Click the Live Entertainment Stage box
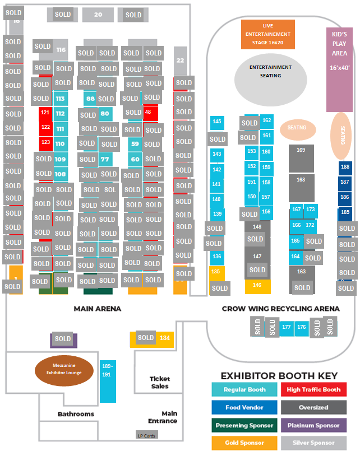[267, 34]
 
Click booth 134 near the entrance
[164, 338]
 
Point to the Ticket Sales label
[159, 383]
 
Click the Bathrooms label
[76, 414]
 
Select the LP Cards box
[147, 435]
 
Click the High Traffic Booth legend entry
[313, 390]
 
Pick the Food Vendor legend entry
[244, 407]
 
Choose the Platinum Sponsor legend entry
[313, 425]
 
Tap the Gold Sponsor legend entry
[244, 443]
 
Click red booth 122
[45, 127]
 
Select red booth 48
[150, 112]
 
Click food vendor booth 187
[345, 182]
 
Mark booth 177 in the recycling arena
[287, 327]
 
